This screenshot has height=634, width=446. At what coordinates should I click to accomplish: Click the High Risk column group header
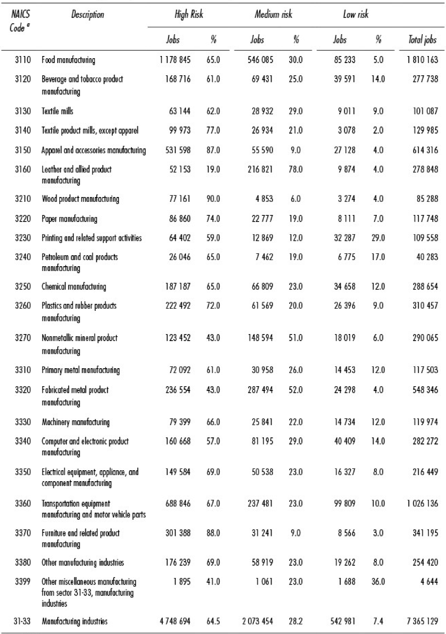pyautogui.click(x=189, y=15)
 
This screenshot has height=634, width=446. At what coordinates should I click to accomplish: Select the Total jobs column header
pyautogui.click(x=422, y=40)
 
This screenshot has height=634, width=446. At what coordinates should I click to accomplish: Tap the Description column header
pyautogui.click(x=88, y=15)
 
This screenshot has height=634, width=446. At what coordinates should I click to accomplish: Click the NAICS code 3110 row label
pyautogui.click(x=23, y=60)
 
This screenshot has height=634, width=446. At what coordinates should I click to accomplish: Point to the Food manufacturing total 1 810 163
pyautogui.click(x=422, y=60)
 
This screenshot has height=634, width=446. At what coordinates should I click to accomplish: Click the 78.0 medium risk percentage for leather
pyautogui.click(x=295, y=169)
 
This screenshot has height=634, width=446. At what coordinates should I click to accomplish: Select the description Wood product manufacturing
pyautogui.click(x=80, y=199)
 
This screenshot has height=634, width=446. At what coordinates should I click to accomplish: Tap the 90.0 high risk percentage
pyautogui.click(x=213, y=199)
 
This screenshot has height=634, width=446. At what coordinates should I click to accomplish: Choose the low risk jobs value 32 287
pyautogui.click(x=344, y=238)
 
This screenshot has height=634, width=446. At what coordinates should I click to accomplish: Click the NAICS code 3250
pyautogui.click(x=23, y=286)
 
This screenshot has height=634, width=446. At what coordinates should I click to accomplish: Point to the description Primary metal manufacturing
pyautogui.click(x=81, y=370)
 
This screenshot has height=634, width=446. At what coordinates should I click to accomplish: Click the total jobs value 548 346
pyautogui.click(x=425, y=390)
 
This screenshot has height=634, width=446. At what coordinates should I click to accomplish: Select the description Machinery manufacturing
pyautogui.click(x=75, y=422)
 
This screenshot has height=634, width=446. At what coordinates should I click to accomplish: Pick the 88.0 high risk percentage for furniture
pyautogui.click(x=213, y=533)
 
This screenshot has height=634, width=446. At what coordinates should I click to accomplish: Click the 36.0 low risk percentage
pyautogui.click(x=378, y=581)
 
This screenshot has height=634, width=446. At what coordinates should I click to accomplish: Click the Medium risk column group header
pyautogui.click(x=273, y=15)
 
